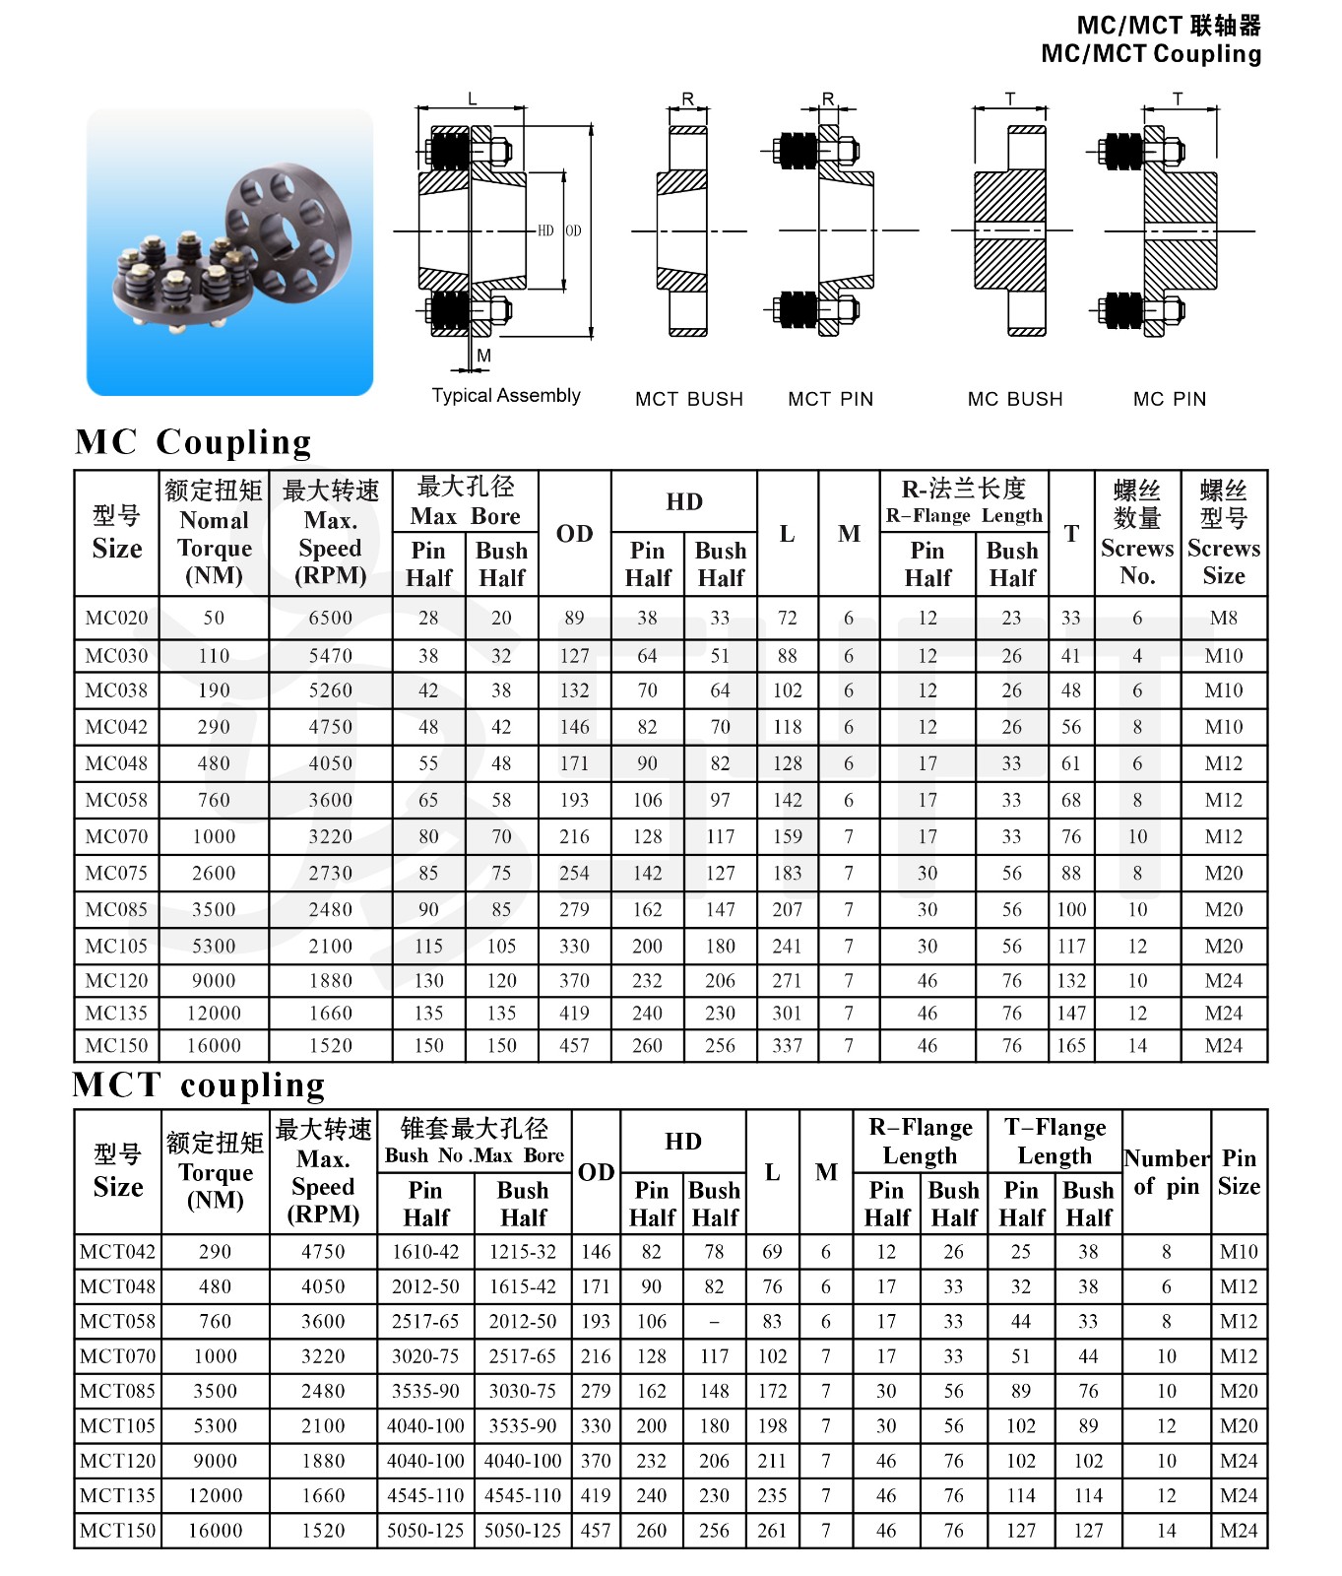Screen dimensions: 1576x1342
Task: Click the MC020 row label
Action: (x=116, y=618)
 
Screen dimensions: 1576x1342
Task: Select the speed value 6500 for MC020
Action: (x=330, y=618)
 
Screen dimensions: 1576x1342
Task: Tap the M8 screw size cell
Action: (x=1223, y=618)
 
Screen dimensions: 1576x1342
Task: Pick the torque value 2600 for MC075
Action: (x=214, y=873)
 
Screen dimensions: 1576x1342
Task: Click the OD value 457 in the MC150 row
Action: (x=574, y=1045)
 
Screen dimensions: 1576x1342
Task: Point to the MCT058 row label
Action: (x=117, y=1321)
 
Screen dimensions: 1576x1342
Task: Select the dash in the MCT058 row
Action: (x=714, y=1322)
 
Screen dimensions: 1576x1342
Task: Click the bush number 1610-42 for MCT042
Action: (x=425, y=1251)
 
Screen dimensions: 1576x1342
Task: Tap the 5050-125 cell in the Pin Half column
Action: (x=425, y=1531)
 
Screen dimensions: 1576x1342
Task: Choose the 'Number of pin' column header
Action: (x=1166, y=1172)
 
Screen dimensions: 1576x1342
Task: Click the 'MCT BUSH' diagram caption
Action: (x=689, y=399)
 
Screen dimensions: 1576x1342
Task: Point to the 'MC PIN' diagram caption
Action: (x=1170, y=399)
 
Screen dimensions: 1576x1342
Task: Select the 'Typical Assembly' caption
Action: (x=506, y=395)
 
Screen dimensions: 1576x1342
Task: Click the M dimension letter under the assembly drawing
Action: (x=483, y=356)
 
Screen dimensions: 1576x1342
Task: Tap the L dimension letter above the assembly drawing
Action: (x=473, y=98)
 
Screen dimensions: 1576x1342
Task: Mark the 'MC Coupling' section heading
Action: (x=193, y=441)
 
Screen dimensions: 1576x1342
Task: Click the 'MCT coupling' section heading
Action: (x=199, y=1084)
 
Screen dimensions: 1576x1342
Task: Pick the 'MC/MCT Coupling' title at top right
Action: (x=1151, y=54)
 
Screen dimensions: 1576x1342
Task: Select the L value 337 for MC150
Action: (x=787, y=1045)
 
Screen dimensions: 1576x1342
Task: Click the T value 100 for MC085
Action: (x=1071, y=909)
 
